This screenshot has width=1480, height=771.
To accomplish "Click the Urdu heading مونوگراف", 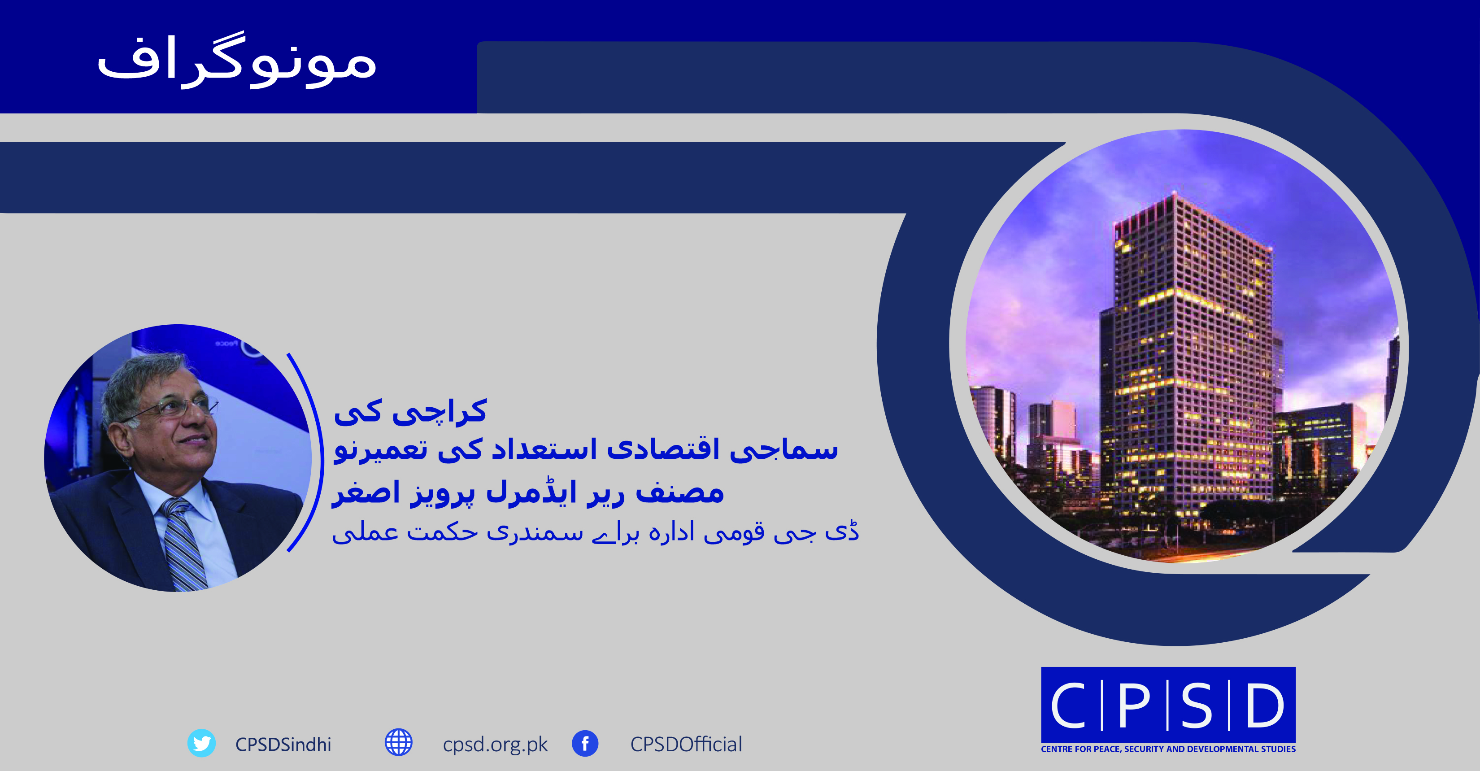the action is pyautogui.click(x=237, y=60).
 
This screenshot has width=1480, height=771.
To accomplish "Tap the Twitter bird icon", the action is pyautogui.click(x=202, y=744).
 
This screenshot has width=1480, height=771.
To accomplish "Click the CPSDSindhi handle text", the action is pyautogui.click(x=283, y=745).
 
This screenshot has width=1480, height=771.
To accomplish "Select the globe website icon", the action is pyautogui.click(x=399, y=743).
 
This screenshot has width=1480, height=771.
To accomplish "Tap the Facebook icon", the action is pyautogui.click(x=585, y=744).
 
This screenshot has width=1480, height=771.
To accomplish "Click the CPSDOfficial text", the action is pyautogui.click(x=686, y=745).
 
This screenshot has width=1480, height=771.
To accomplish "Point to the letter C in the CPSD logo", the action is pyautogui.click(x=1068, y=705).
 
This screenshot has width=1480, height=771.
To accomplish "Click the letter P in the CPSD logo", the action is pyautogui.click(x=1134, y=705).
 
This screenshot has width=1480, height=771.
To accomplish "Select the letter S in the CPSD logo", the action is pyautogui.click(x=1197, y=705).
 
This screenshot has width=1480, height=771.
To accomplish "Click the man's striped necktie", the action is pyautogui.click(x=183, y=543).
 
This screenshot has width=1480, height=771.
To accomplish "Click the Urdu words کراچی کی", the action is pyautogui.click(x=410, y=411).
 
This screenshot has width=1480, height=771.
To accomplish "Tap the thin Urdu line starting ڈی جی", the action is pyautogui.click(x=595, y=532).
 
